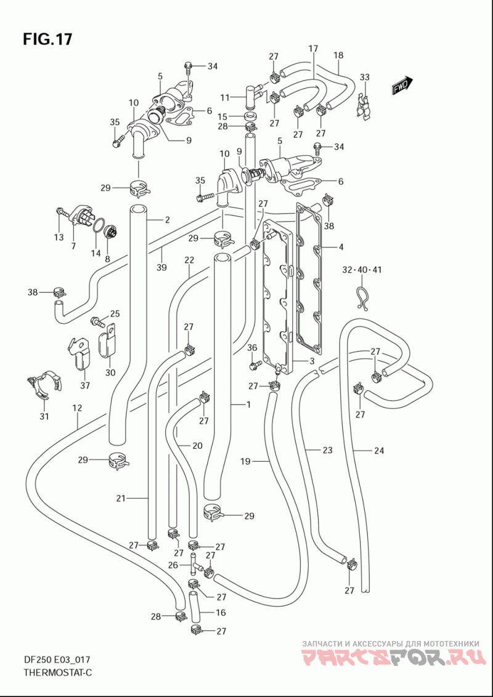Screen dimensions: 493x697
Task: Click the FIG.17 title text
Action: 47,39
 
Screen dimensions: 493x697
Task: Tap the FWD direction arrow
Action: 402,86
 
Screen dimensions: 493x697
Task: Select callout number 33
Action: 364,78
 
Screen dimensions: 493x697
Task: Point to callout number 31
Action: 44,416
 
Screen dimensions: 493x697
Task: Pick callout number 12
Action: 78,408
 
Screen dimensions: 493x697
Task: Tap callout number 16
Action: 220,613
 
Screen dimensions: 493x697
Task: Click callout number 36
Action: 252,347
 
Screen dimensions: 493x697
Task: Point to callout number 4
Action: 341,246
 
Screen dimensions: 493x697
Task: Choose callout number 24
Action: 378,450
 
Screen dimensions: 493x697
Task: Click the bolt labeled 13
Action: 62,215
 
